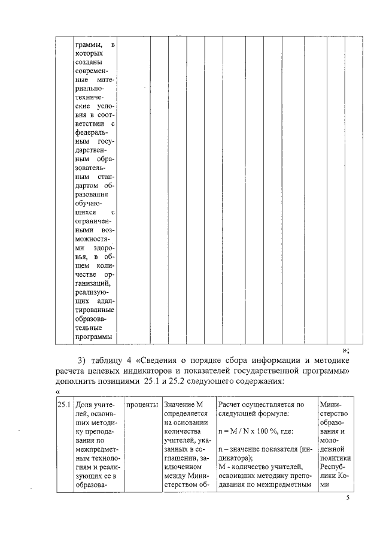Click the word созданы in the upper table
pos(88,62)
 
